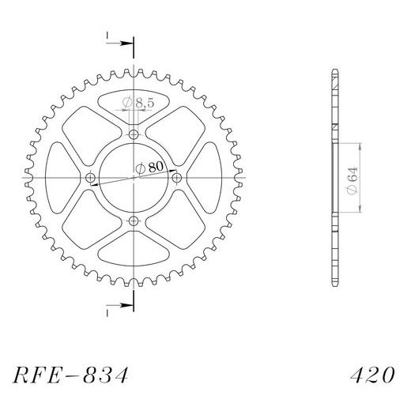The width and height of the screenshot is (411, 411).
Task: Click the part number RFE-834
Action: [x=70, y=375]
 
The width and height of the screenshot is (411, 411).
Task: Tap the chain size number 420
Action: [x=372, y=375]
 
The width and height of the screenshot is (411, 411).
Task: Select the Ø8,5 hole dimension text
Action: [x=138, y=102]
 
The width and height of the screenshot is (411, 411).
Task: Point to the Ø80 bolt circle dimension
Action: [x=149, y=168]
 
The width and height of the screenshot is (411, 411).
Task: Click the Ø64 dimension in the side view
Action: [x=353, y=180]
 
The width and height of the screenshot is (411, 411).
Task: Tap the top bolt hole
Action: [x=134, y=135]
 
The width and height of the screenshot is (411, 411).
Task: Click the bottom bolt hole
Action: [x=134, y=221]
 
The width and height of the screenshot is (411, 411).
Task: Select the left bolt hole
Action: [x=91, y=178]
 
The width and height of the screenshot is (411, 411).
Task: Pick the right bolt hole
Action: [x=176, y=178]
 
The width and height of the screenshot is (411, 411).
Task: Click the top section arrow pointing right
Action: [x=119, y=43]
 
